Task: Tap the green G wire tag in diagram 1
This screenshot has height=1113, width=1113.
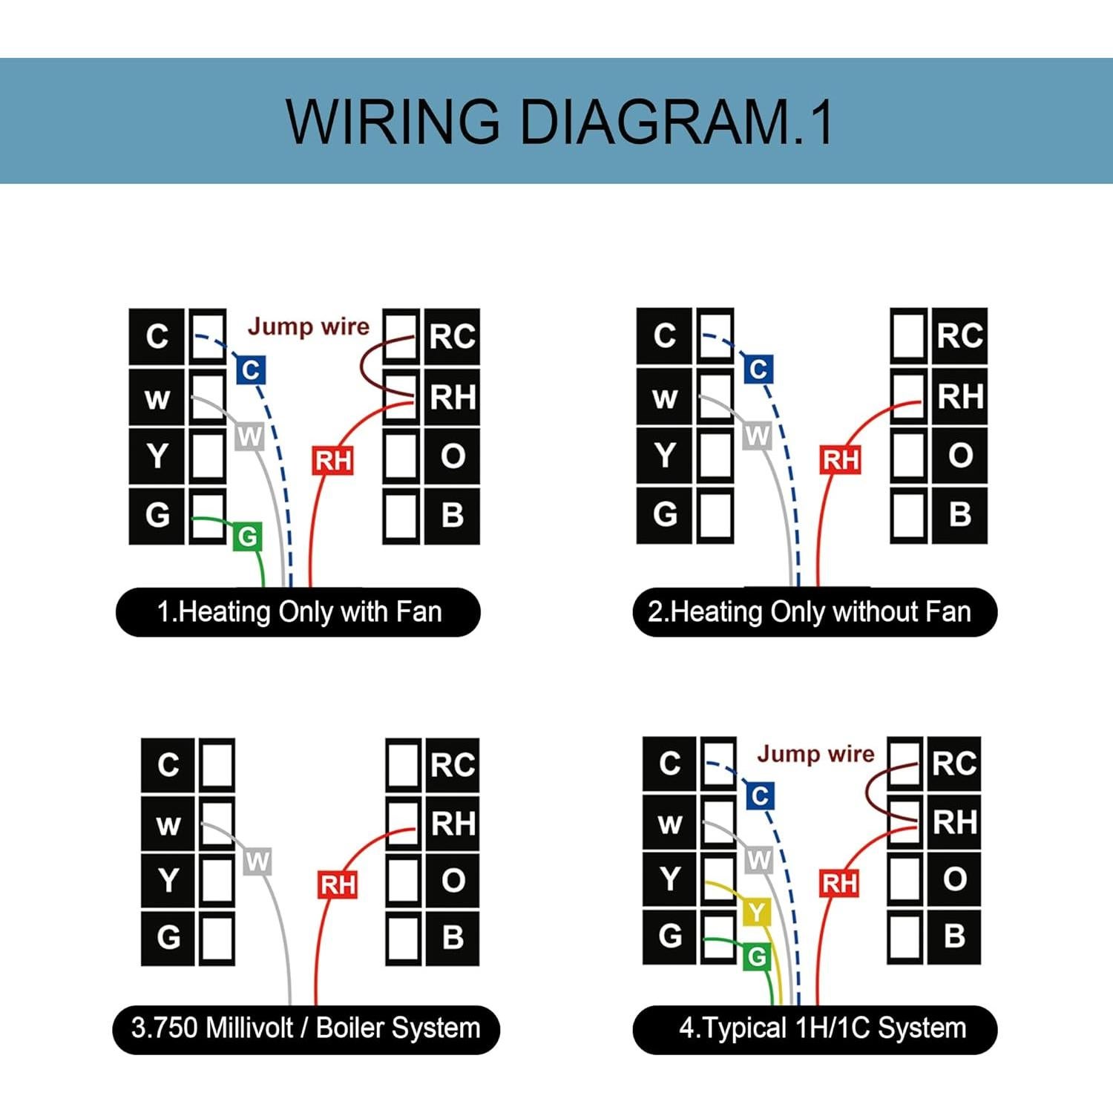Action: pos(248,536)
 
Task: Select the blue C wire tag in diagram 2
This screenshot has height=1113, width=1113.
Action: pos(758,369)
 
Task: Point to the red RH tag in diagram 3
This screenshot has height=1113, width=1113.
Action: pos(338,884)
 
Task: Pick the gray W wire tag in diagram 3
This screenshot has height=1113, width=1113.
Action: pos(257,862)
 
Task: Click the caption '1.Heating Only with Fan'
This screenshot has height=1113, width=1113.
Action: pos(298,612)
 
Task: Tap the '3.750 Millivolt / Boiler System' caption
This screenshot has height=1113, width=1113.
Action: pos(306,1029)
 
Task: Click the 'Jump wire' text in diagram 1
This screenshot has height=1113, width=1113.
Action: pos(308,326)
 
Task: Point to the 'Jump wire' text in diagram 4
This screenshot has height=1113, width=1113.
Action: pos(815,754)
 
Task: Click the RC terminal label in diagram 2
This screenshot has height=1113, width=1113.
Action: pos(959,336)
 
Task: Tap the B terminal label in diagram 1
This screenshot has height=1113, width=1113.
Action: pos(452,515)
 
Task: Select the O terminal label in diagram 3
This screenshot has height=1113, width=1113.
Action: pos(453,881)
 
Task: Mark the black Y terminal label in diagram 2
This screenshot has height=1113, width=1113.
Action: pos(664,455)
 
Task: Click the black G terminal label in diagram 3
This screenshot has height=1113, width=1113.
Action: pos(168,937)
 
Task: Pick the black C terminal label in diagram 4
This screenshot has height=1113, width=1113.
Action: pos(669,764)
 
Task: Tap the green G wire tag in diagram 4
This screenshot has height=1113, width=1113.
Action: pos(757,957)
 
